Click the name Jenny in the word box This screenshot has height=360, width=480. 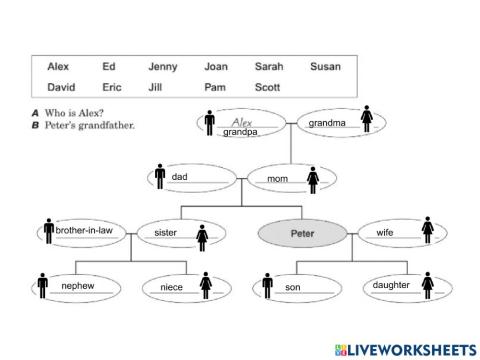click(162, 67)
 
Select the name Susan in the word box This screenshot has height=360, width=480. click(325, 67)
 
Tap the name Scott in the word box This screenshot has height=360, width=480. click(267, 87)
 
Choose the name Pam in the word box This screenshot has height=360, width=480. click(214, 87)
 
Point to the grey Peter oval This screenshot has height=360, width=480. click(302, 232)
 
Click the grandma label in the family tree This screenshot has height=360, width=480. click(327, 123)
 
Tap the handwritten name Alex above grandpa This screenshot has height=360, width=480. click(240, 120)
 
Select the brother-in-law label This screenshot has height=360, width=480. click(84, 231)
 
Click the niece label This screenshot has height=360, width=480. click(171, 288)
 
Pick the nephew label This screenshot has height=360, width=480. click(77, 286)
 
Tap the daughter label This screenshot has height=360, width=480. click(391, 286)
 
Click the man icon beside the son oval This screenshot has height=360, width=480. click(267, 286)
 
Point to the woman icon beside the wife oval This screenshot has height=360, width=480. click(427, 232)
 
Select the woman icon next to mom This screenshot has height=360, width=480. click(313, 180)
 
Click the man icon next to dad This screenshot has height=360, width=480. click(160, 177)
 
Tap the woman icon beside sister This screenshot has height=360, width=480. click(202, 236)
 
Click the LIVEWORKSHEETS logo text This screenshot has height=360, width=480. click(409, 348)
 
